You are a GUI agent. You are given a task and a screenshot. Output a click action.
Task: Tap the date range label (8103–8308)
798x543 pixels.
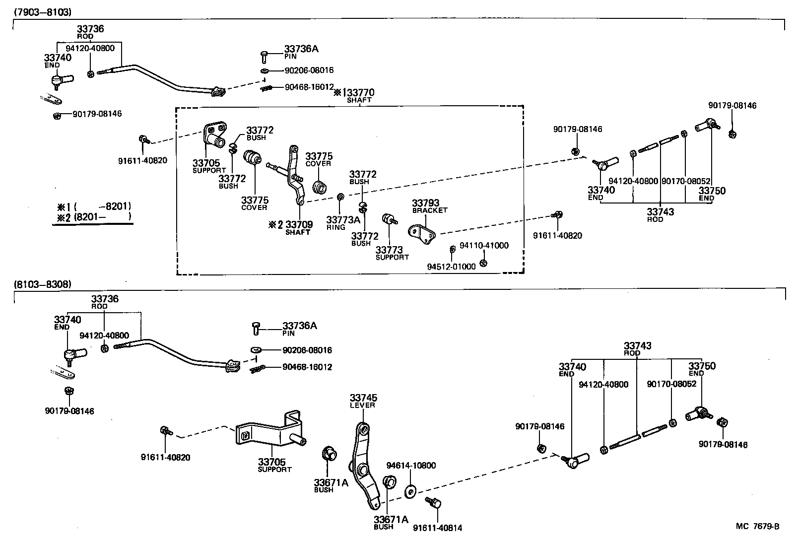[x=43, y=284]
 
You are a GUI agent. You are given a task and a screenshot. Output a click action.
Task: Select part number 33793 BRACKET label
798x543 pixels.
[x=429, y=206]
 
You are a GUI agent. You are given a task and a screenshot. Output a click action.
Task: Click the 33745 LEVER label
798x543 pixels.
[x=363, y=401]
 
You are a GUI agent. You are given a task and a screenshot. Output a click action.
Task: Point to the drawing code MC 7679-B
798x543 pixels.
[x=757, y=526]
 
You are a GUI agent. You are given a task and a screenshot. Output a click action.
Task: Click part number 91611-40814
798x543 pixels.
[x=437, y=528]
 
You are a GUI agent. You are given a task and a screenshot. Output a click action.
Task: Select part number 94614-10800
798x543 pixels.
[x=411, y=465]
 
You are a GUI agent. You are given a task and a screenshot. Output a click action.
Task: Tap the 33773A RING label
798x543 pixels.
[x=343, y=222]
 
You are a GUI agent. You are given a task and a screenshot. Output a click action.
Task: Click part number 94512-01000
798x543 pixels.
[x=451, y=267]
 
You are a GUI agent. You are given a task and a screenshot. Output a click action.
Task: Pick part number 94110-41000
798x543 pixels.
[x=484, y=246]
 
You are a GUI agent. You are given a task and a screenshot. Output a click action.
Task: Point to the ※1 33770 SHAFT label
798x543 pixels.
[x=354, y=95]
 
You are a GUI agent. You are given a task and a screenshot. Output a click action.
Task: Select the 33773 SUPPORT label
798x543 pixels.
[x=392, y=253]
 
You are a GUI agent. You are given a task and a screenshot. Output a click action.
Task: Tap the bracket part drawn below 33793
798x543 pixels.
[x=422, y=233]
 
